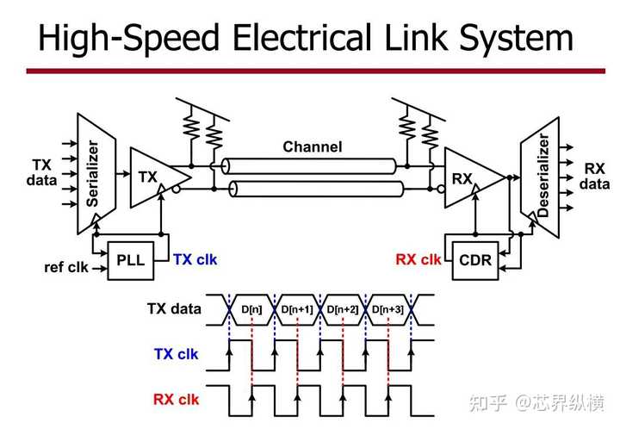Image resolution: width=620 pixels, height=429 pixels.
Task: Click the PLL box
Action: [x=131, y=260]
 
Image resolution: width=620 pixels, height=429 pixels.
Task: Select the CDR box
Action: [x=476, y=260]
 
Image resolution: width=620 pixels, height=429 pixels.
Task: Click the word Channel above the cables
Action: [x=312, y=146]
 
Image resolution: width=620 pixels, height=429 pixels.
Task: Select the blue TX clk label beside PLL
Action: [x=195, y=258]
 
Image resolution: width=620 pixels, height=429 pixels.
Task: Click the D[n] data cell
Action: [x=251, y=308]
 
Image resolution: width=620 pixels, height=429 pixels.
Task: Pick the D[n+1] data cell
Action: [x=297, y=308]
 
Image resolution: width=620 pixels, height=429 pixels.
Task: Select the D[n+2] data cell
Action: [x=343, y=308]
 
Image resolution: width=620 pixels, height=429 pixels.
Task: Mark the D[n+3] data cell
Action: [x=389, y=308]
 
